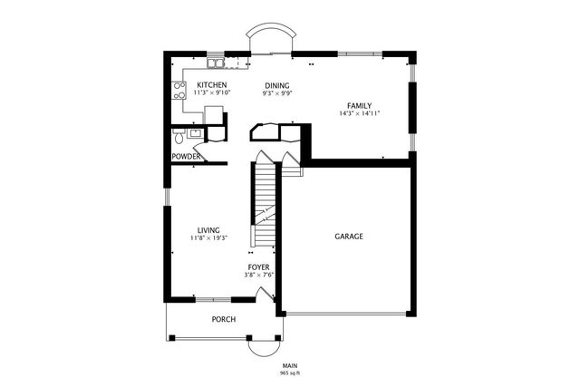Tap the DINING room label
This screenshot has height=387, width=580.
tap(276, 84)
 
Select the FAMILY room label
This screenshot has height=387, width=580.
tap(360, 105)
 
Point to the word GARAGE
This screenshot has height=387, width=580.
tap(349, 236)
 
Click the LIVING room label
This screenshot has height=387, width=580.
tap(208, 230)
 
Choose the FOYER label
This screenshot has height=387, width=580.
tap(259, 267)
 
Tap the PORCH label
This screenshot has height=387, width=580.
tap(224, 319)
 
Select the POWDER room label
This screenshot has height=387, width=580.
tap(187, 157)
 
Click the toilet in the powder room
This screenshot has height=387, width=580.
tap(178, 139)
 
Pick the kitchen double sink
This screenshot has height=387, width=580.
tap(216, 63)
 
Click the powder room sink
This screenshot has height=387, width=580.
tap(195, 133)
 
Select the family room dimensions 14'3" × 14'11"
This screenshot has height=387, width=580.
tap(360, 113)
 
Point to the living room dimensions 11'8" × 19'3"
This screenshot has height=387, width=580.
tap(208, 238)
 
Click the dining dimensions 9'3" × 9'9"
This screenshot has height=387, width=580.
tap(276, 92)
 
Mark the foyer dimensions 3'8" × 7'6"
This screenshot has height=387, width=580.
tap(259, 276)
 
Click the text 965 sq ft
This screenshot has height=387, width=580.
tap(290, 372)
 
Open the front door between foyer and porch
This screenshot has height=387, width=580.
tap(263, 295)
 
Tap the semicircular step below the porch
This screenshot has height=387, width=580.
tap(265, 348)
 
